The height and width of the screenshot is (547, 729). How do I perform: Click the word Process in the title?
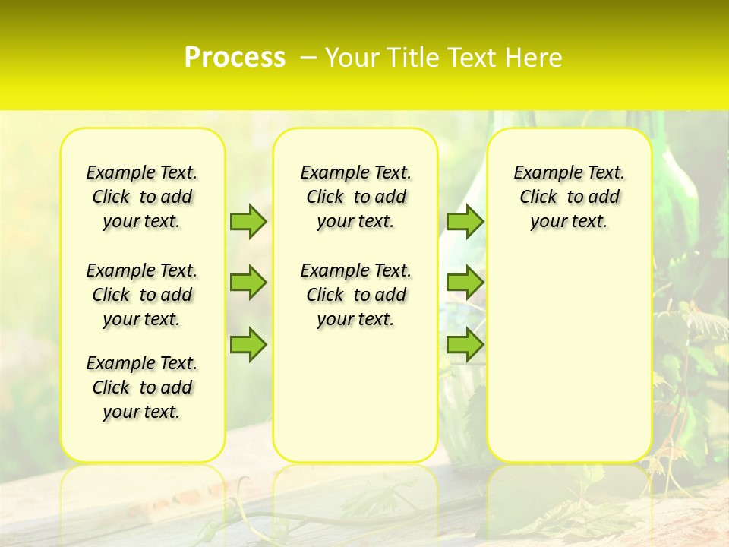click(235, 58)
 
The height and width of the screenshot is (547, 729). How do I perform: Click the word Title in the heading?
click(412, 58)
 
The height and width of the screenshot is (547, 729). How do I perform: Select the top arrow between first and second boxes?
click(248, 221)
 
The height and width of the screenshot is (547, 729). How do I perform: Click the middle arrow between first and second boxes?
click(248, 283)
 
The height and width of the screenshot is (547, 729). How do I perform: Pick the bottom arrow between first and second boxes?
click(248, 345)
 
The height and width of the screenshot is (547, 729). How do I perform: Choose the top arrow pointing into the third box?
click(465, 221)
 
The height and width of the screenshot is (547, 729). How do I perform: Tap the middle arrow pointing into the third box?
click(465, 283)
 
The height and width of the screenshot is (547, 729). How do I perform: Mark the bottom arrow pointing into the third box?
click(465, 345)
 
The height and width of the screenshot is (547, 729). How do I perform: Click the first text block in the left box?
click(142, 197)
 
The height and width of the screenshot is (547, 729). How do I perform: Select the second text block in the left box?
click(142, 295)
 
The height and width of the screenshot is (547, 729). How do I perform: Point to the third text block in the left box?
click(142, 387)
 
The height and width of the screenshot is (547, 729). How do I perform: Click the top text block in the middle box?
click(356, 197)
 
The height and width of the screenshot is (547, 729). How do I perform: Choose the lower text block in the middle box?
click(356, 295)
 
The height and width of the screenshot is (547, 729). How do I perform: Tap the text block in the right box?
click(570, 197)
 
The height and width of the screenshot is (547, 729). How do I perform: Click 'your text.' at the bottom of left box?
click(142, 412)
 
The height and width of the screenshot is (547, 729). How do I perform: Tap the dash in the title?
click(308, 58)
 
